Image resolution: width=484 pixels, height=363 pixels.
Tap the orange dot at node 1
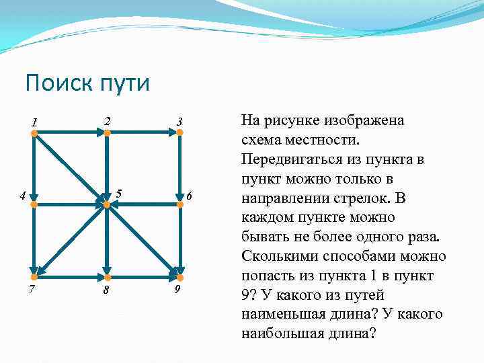point(34,134)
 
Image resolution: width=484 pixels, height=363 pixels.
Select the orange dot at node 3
point(179,133)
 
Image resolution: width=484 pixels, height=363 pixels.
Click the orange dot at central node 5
point(106,204)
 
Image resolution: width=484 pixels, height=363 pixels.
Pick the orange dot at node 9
point(179,276)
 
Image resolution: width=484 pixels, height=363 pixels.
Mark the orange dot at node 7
point(34,276)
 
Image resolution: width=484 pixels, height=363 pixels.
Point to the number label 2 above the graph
point(106,121)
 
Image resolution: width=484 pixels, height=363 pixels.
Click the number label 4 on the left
point(22,196)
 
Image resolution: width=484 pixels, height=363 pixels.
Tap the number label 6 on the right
point(190,196)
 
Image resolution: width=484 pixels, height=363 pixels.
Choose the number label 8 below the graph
point(106,290)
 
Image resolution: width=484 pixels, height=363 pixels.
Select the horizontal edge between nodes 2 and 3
point(143,133)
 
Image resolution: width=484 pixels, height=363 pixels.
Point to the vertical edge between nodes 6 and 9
point(179,241)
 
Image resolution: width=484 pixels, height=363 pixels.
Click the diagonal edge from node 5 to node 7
point(71,240)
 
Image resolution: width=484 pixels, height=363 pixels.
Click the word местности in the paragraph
point(320,141)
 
